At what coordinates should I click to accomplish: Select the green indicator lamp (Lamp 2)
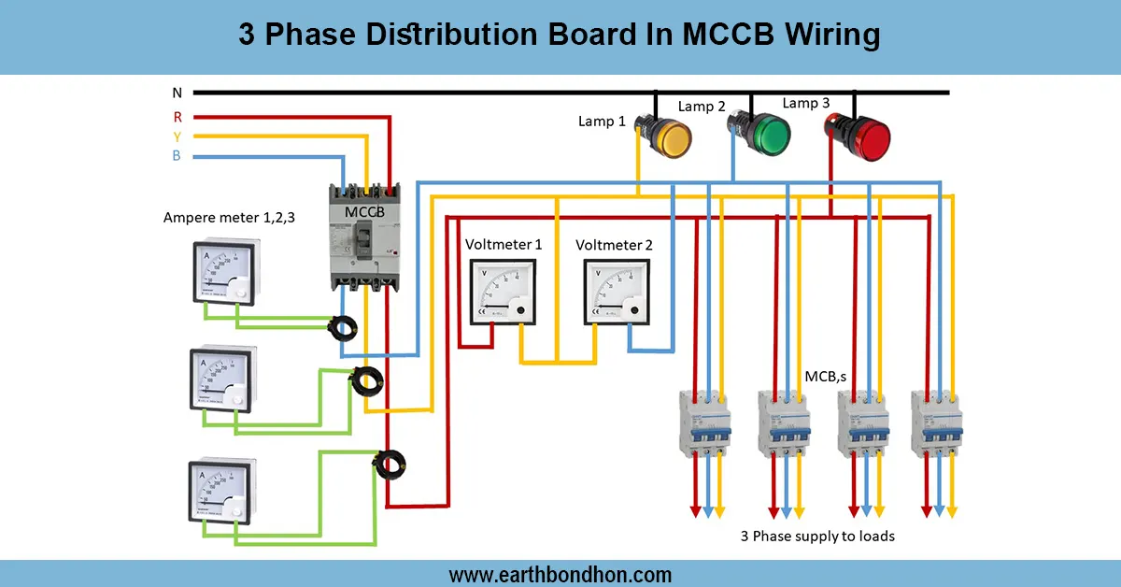[764, 134]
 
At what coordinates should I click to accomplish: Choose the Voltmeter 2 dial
[617, 291]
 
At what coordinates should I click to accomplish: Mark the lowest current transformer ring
[389, 461]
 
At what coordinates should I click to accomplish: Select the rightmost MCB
[937, 422]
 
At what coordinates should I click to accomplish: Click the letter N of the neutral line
[177, 93]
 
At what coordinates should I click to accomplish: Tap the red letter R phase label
[177, 117]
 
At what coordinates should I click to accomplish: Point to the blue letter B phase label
[177, 155]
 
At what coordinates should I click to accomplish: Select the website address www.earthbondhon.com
[560, 574]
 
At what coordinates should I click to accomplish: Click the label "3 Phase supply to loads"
[817, 537]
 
